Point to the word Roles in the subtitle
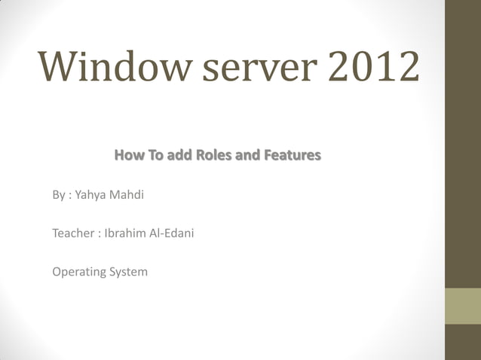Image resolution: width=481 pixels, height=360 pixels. (216, 156)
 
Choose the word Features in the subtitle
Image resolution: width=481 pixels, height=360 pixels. (291, 156)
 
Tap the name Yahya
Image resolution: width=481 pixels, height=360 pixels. (90, 196)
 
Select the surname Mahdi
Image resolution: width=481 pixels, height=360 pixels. (126, 196)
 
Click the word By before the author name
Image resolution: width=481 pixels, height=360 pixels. (58, 196)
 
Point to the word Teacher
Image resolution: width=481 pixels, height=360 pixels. (72, 233)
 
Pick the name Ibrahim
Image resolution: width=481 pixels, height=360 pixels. (121, 233)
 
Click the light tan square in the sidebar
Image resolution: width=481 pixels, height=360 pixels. (463, 306)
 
